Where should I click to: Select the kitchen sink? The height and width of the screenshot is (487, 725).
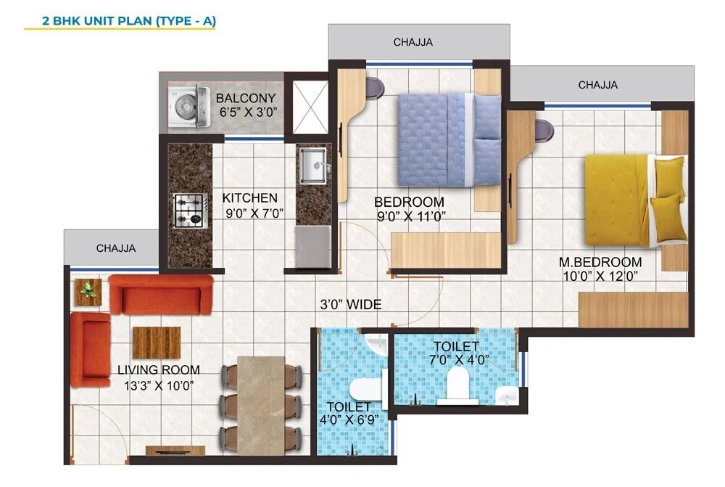(313, 165)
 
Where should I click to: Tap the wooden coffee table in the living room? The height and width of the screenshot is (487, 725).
(156, 343)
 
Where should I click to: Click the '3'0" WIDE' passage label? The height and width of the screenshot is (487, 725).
(352, 305)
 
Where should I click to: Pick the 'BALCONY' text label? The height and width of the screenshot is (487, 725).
(246, 98)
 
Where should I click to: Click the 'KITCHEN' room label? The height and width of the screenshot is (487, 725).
(249, 197)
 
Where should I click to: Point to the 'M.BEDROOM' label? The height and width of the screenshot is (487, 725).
(600, 262)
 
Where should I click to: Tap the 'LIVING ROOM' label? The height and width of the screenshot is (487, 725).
(156, 370)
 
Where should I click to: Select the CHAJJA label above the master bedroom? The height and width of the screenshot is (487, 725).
(597, 85)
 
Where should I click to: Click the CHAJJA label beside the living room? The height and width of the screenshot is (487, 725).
(116, 249)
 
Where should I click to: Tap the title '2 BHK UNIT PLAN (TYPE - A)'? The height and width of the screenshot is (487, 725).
(120, 21)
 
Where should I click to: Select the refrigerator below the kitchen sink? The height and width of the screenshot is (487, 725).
(313, 247)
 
